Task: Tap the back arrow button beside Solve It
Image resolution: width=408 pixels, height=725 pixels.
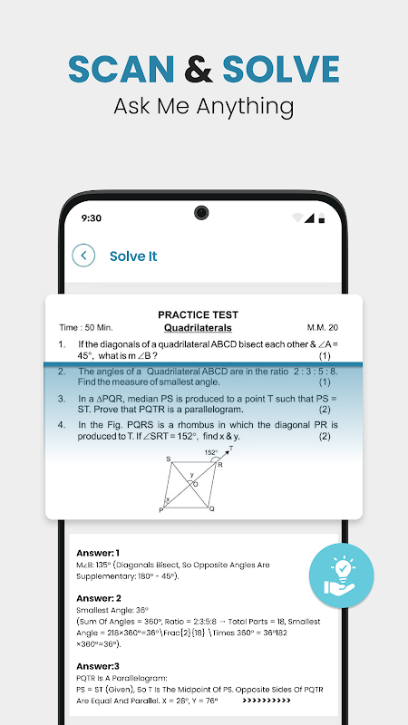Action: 83,256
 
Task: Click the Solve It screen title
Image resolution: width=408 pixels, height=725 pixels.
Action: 133,256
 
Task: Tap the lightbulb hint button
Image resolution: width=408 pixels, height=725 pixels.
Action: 342,575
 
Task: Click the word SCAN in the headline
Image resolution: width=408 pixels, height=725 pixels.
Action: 121,70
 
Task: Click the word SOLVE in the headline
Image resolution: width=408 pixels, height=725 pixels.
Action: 281,70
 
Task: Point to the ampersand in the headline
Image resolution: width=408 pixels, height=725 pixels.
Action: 199,70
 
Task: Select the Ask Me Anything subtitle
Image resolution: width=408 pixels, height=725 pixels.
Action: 203,106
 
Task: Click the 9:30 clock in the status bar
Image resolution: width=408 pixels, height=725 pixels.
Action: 92,218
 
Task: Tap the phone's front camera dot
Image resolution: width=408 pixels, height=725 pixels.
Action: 201,213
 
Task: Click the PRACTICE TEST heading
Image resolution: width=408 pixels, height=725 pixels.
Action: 198,314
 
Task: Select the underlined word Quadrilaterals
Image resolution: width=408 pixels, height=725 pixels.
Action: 198,328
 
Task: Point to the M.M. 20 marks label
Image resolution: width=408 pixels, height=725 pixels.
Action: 323,328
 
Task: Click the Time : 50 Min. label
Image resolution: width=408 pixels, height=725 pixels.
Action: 86,328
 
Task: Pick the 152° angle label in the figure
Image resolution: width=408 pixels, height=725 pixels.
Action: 211,452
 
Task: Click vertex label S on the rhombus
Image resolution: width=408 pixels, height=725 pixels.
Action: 169,459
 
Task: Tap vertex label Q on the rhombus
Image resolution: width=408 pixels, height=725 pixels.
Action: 211,509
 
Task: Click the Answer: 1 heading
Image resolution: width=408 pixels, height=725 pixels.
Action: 98,553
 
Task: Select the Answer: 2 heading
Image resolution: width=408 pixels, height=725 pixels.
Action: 99,599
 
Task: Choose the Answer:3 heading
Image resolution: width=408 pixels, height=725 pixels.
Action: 98,666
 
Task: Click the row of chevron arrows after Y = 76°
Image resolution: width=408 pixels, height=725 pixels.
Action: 267,701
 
